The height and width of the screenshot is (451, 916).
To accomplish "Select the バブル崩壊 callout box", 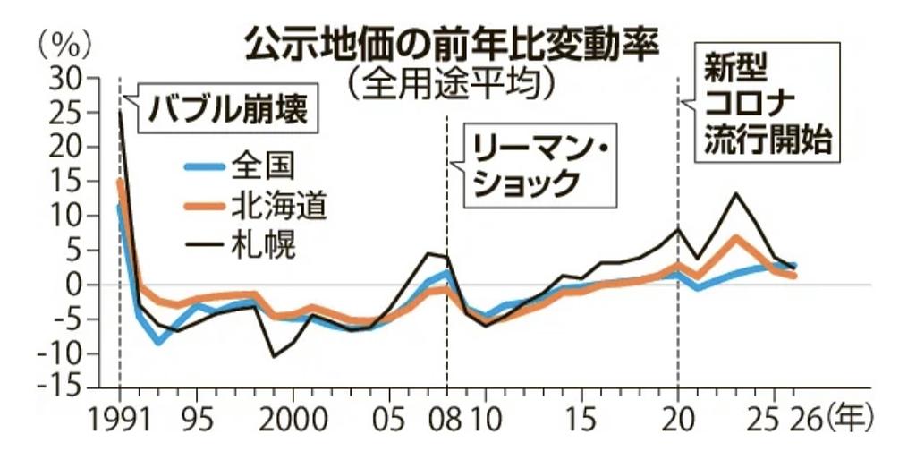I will click(226, 109).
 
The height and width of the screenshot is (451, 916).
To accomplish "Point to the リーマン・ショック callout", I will click(535, 166).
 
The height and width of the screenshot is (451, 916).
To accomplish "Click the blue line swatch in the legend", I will click(204, 167).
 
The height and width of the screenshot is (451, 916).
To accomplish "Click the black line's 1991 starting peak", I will click(120, 112).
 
